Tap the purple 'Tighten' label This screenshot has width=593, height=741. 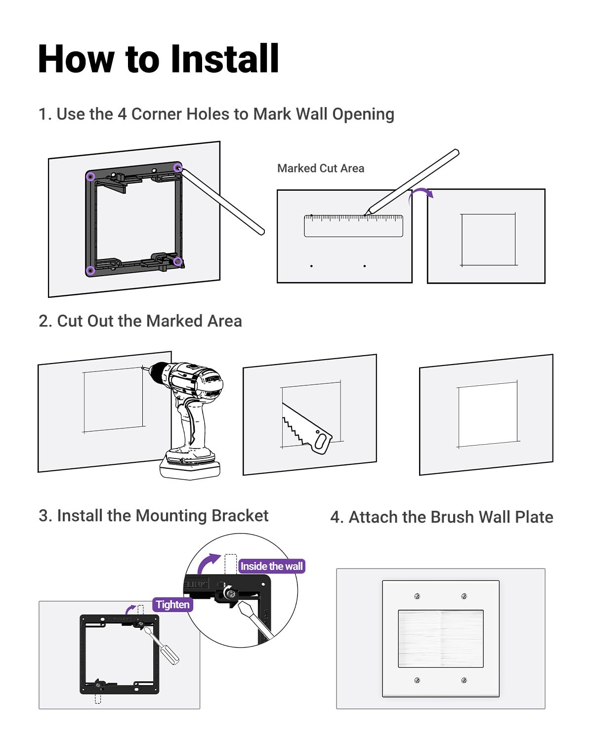[x=172, y=605]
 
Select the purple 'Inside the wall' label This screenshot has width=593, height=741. [x=271, y=566]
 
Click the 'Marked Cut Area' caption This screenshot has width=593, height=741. [x=321, y=168]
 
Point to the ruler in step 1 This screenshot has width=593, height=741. [x=353, y=226]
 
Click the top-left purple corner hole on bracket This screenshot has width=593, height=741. [x=90, y=176]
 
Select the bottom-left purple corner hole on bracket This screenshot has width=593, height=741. [x=90, y=270]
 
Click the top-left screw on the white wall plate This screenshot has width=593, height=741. [x=418, y=597]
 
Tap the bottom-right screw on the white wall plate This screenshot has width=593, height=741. [x=464, y=681]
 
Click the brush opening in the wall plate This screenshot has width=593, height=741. [x=441, y=639]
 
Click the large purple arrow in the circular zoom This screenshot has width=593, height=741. [x=208, y=563]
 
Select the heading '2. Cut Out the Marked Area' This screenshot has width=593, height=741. [x=140, y=321]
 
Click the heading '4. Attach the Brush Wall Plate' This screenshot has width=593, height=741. [x=441, y=517]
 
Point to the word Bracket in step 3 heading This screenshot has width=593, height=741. [x=240, y=516]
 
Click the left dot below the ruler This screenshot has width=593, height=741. [x=311, y=266]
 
